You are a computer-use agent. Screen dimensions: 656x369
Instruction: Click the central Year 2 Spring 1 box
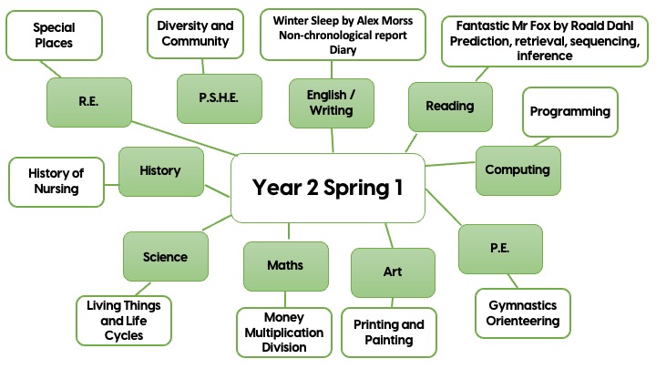point(328,188)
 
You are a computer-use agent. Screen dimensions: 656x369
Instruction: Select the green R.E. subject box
point(89,102)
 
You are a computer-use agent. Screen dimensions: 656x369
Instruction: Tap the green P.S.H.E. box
point(220,98)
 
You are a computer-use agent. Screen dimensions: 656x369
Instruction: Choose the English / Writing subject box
point(332,103)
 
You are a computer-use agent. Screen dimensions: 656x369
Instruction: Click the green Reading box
point(450,107)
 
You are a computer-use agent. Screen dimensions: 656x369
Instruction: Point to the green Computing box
point(518,170)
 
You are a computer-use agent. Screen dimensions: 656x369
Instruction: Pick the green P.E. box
point(500,249)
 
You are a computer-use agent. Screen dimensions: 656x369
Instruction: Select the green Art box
point(393,272)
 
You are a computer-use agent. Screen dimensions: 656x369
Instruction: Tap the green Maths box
point(286,266)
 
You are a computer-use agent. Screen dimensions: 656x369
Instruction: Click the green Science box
point(166,256)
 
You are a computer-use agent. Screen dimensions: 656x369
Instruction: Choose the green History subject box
point(161,171)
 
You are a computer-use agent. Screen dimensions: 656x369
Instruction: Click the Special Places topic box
point(54,36)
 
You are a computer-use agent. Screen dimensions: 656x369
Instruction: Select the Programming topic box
point(570,112)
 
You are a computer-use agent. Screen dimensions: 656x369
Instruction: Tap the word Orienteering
point(523,322)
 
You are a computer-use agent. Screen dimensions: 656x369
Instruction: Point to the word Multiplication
point(284,333)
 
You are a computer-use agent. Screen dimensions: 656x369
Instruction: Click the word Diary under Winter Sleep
point(343,50)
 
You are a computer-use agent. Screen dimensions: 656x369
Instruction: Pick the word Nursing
point(56,189)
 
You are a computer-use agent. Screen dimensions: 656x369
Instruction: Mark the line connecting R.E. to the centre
point(184,138)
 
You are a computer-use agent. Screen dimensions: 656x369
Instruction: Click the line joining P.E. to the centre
point(443,207)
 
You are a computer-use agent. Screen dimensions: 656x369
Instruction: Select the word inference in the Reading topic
point(545,56)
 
